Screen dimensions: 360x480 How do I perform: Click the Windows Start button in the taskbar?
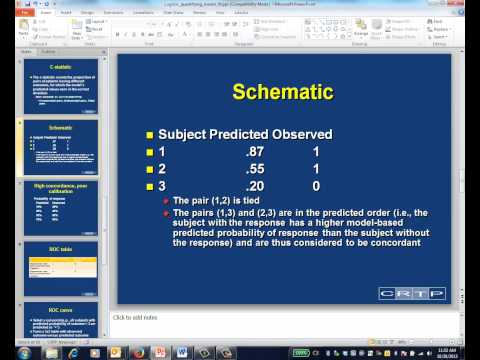click(10, 353)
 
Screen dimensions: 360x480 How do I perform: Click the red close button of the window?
click(465, 5)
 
